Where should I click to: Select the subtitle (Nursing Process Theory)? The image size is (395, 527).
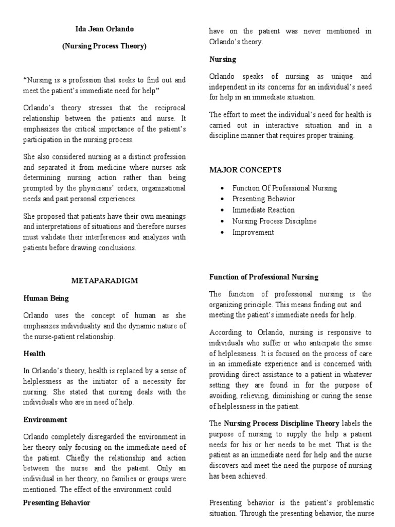coord(104,46)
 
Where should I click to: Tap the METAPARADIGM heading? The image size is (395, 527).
coord(104,280)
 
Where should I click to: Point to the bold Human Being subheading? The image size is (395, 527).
coord(46,298)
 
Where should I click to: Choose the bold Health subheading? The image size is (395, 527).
coord(34,354)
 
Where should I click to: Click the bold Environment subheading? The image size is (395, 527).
coord(45,420)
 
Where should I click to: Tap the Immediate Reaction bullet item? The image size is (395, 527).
coord(264,210)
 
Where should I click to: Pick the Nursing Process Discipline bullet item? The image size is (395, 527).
coord(275,221)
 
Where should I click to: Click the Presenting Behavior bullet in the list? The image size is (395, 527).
coord(264,199)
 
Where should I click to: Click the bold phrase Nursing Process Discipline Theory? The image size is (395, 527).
coord(281,424)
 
